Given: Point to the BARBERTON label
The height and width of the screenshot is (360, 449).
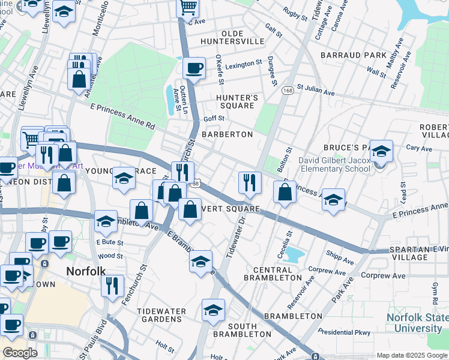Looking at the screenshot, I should point(227,134).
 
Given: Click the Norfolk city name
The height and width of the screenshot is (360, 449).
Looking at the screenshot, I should point(85,271).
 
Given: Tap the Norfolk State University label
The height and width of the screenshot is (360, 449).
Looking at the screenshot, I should point(414,323).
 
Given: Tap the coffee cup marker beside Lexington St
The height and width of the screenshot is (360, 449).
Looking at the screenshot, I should point(193,68).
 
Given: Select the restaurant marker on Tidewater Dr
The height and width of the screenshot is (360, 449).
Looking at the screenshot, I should point(249,181).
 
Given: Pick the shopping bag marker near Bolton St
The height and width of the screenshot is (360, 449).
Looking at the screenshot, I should point(285,192).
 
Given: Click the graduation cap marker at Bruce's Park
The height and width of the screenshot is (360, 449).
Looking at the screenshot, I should point(381,152).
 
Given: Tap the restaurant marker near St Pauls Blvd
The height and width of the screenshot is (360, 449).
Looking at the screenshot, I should point(112,286).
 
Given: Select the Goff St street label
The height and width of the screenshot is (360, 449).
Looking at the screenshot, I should point(214,119).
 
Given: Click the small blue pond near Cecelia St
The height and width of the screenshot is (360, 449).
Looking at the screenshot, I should point(294,254).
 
